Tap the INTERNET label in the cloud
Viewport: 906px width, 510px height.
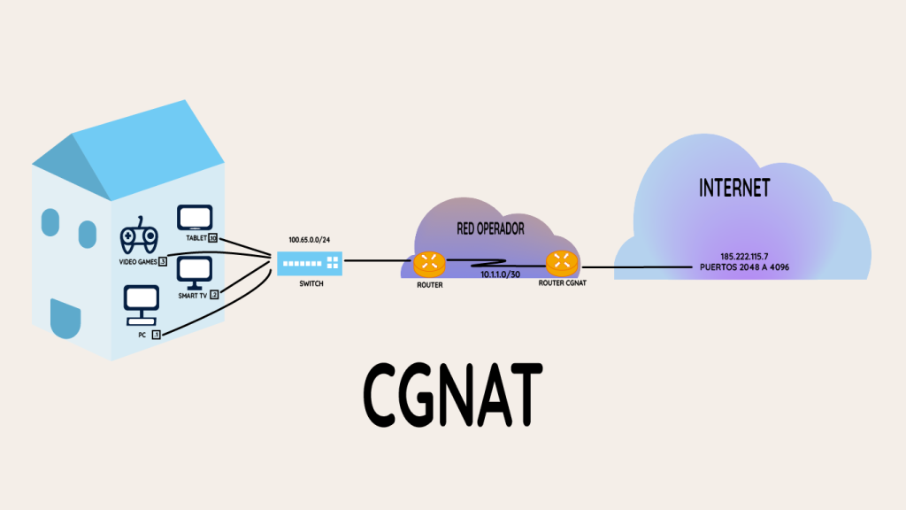tap(733, 189)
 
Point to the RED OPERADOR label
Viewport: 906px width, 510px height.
tap(490, 228)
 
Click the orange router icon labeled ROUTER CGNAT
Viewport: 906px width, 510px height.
tap(560, 262)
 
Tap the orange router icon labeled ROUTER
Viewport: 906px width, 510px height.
tap(429, 262)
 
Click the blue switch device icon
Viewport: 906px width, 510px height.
tap(309, 262)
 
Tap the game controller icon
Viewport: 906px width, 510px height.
tap(139, 236)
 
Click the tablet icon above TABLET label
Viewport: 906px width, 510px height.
tap(195, 219)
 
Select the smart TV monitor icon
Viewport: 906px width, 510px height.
tap(195, 272)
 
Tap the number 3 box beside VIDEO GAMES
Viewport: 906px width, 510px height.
tap(163, 262)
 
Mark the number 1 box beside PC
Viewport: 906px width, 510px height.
tap(157, 336)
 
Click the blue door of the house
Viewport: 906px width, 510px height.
tap(64, 319)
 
